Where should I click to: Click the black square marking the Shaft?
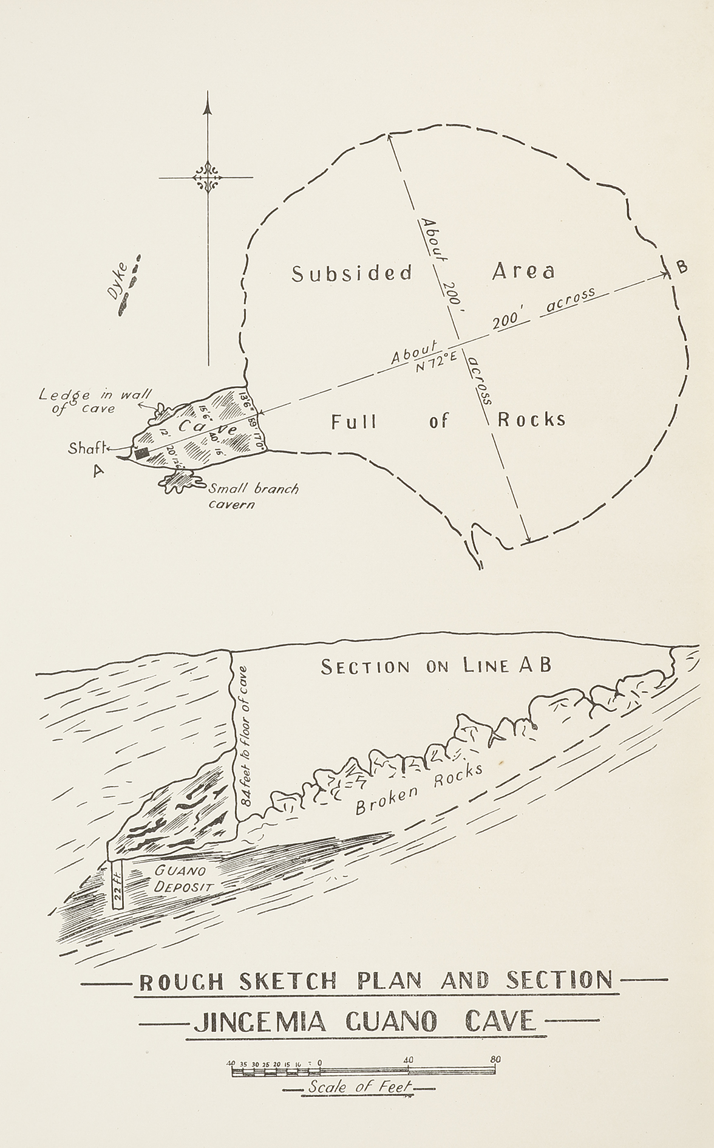tap(142, 453)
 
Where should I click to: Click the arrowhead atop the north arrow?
tap(208, 108)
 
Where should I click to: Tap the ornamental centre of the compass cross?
tap(208, 177)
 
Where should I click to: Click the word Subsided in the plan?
tap(352, 273)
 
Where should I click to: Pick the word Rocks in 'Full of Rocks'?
tap(531, 419)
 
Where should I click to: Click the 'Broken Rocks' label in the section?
tap(419, 788)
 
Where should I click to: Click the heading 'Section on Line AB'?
tap(436, 666)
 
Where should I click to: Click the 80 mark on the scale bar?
tap(495, 1060)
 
